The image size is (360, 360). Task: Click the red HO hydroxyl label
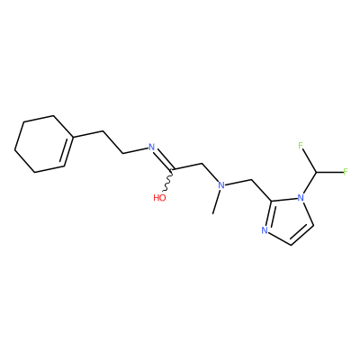coord(159,198)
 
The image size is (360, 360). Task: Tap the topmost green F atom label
coord(301,146)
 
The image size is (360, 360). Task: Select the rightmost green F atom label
coord(345,172)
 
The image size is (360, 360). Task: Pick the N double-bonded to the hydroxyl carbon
coord(152,148)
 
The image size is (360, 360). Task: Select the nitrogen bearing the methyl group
coord(221,185)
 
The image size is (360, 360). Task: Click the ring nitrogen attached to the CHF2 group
coord(301,198)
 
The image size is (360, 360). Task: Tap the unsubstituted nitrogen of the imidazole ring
coord(265,230)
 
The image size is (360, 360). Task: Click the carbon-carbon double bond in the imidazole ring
coord(301,234)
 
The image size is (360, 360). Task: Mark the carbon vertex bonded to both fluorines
coord(316,172)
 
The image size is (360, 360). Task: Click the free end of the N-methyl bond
coord(212,213)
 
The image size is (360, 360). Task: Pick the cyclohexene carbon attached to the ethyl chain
coord(73,138)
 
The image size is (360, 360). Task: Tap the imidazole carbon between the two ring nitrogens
coord(273,201)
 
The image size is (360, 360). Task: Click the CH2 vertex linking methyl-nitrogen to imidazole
coord(250,180)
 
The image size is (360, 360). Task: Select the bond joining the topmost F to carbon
coord(309,160)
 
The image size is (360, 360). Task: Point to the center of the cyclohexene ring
coord(44,144)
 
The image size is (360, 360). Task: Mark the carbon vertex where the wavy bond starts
coord(173,169)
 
